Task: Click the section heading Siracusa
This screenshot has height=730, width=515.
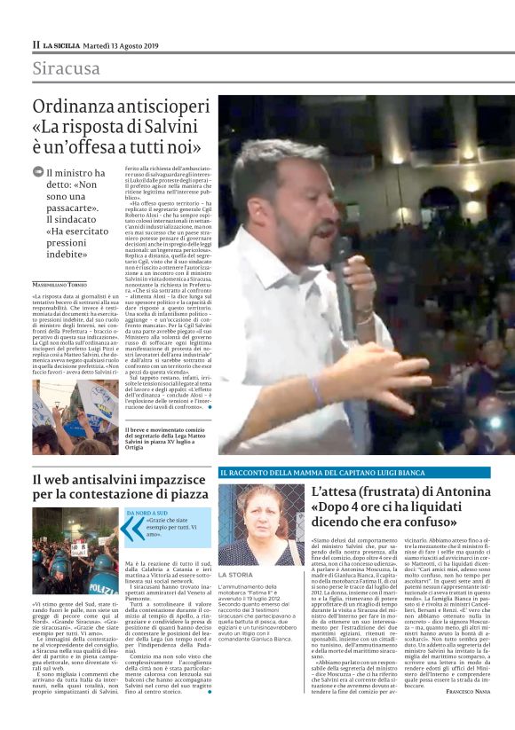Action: click(67, 68)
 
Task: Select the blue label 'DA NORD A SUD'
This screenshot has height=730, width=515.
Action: click(148, 513)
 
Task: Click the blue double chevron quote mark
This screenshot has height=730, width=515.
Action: click(133, 527)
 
